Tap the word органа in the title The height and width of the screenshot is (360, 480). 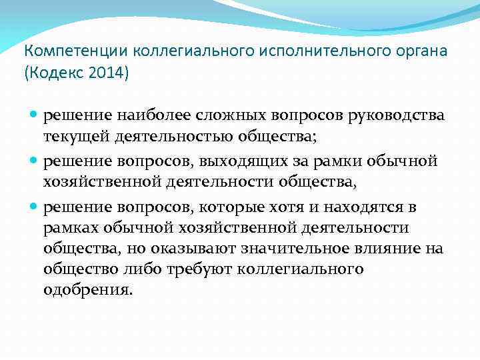coord(415,51)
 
